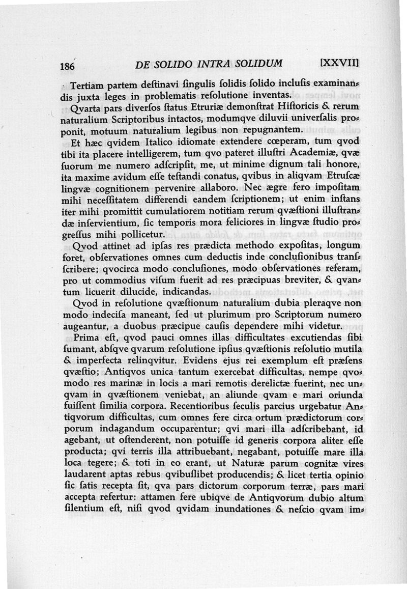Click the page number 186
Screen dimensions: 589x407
pyautogui.click(x=67, y=67)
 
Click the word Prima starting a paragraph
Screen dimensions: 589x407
pyautogui.click(x=88, y=338)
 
